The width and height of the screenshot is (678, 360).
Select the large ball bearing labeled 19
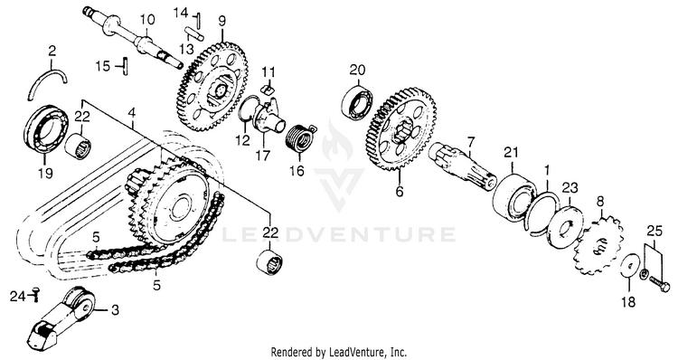46,129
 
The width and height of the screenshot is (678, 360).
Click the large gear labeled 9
212,81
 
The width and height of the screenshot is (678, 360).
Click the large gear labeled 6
401,130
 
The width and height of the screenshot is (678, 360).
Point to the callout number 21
511,153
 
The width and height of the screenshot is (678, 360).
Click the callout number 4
132,113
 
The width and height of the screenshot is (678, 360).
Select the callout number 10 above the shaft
147,20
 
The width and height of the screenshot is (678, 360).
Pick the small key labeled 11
268,89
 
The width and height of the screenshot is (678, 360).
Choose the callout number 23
569,188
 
